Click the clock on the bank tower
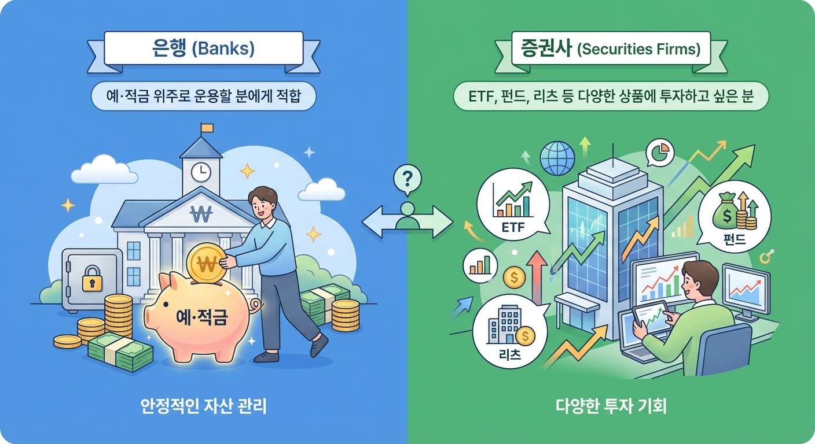(201, 171)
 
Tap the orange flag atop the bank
(207, 127)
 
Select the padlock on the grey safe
(91, 279)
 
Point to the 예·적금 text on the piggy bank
(199, 317)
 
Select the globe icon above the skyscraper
(557, 158)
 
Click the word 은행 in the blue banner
(168, 48)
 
